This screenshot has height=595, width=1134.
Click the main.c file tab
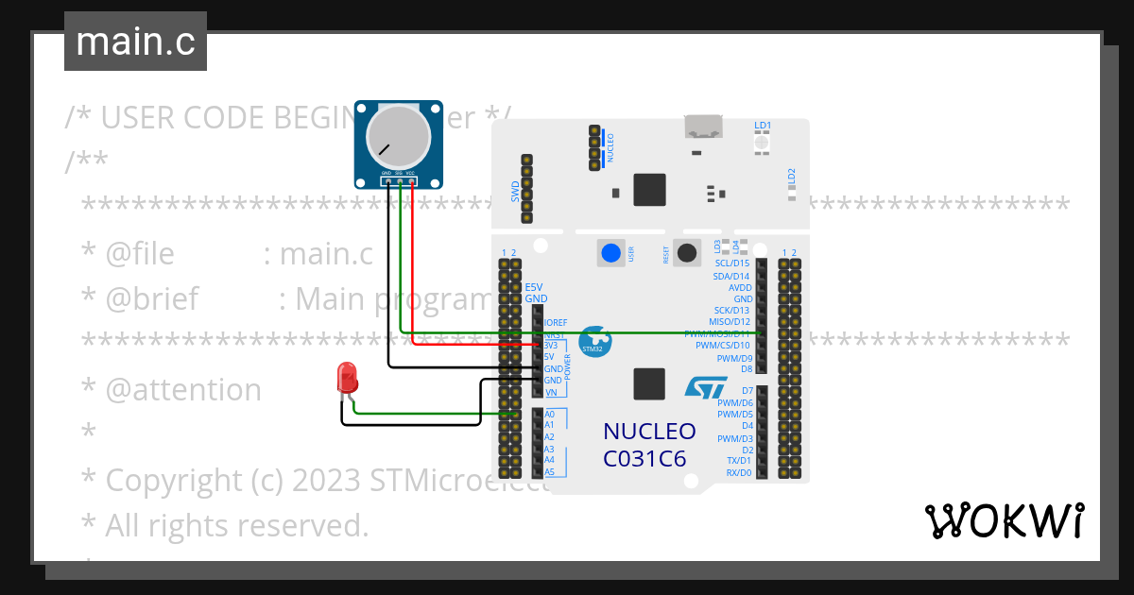pyautogui.click(x=135, y=42)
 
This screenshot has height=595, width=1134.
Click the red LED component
pyautogui.click(x=348, y=379)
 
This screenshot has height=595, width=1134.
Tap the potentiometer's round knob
pyautogui.click(x=397, y=137)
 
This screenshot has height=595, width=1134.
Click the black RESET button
pyautogui.click(x=688, y=252)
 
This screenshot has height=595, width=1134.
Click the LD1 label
pyautogui.click(x=763, y=126)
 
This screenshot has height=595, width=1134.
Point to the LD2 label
pyautogui.click(x=792, y=177)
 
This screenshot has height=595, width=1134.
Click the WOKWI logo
pyautogui.click(x=1003, y=520)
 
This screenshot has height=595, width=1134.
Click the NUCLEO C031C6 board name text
pyautogui.click(x=649, y=445)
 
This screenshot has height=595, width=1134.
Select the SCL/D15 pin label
pyautogui.click(x=731, y=263)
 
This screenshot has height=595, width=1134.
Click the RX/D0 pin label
pyautogui.click(x=738, y=472)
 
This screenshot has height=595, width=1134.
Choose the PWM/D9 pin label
pyautogui.click(x=734, y=359)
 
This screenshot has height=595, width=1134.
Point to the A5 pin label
pyautogui.click(x=549, y=471)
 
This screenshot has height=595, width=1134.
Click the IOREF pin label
pyautogui.click(x=556, y=323)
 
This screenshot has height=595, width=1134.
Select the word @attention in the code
pyautogui.click(x=183, y=390)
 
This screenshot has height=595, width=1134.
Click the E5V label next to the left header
pyautogui.click(x=534, y=287)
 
